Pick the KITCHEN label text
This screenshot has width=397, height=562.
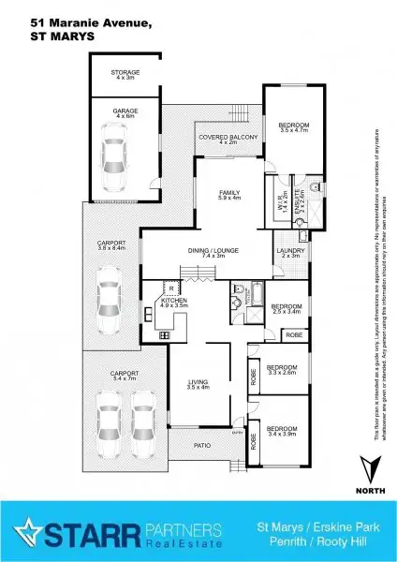coord(174,301)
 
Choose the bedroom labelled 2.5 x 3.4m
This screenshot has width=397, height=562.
coord(287,308)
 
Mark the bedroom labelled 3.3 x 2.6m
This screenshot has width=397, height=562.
coord(282,369)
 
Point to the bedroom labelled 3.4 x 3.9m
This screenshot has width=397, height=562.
coord(282,409)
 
